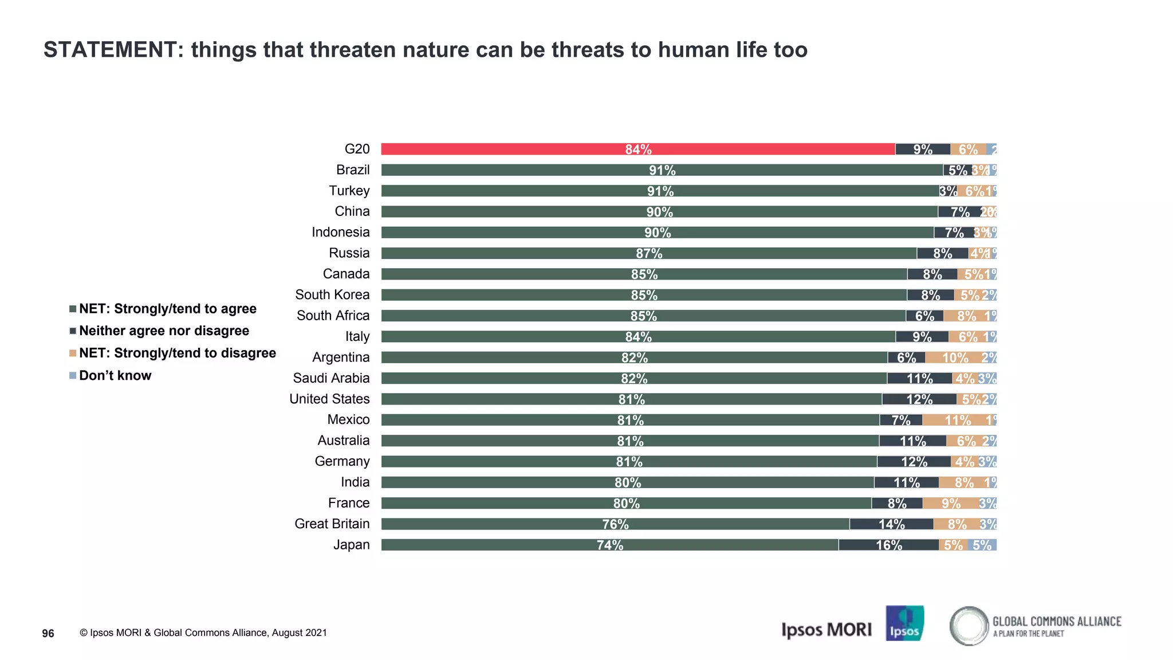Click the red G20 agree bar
pos(637,149)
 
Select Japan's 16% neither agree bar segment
pos(888,545)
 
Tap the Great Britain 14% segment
pos(891,524)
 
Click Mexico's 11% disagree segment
pos(958,420)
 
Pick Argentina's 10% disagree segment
pos(955,357)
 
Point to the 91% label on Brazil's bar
pos(662,170)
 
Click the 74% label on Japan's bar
pos(609,545)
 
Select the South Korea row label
pos(332,294)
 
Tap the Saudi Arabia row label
pos(331,378)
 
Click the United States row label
pos(329,399)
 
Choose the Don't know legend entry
pos(115,376)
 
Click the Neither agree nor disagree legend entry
pos(164,331)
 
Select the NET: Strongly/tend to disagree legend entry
pos(177,353)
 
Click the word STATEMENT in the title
pos(111,50)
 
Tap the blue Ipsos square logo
pos(904,623)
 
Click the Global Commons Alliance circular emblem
pos(969,626)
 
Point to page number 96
pos(48,633)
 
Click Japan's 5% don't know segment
pos(982,545)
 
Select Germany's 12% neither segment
pos(914,462)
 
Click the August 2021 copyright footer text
pos(203,632)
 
